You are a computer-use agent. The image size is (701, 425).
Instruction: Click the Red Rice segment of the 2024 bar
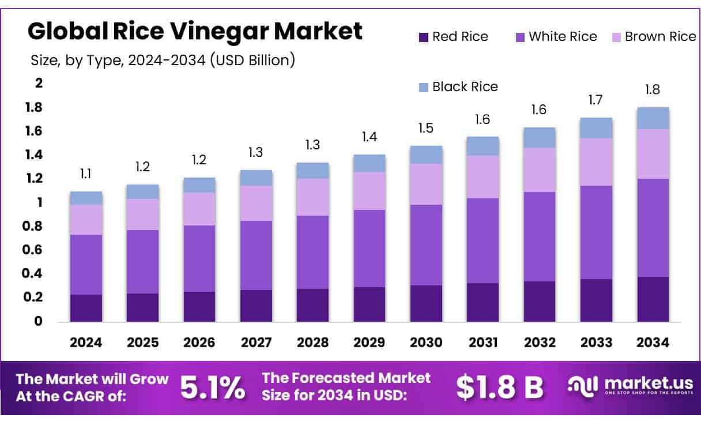(86, 308)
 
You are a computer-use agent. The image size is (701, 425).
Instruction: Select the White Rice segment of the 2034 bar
(653, 228)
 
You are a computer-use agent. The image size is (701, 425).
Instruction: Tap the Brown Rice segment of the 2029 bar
(370, 191)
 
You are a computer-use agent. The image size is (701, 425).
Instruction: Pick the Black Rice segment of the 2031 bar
(483, 146)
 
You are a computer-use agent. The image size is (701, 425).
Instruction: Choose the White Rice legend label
(563, 37)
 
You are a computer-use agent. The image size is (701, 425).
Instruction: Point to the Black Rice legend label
(465, 87)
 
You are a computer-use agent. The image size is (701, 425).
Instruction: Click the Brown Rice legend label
(660, 37)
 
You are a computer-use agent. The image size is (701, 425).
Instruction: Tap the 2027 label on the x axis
(256, 343)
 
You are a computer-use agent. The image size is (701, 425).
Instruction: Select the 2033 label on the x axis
(597, 343)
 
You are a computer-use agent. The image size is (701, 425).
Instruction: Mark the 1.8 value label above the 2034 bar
(653, 90)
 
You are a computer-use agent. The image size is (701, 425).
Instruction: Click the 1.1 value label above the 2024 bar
(86, 174)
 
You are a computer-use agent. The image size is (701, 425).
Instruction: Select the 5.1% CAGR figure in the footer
(212, 388)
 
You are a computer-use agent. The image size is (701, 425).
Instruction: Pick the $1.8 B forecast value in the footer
(499, 388)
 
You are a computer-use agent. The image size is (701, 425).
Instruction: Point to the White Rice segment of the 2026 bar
(199, 258)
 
